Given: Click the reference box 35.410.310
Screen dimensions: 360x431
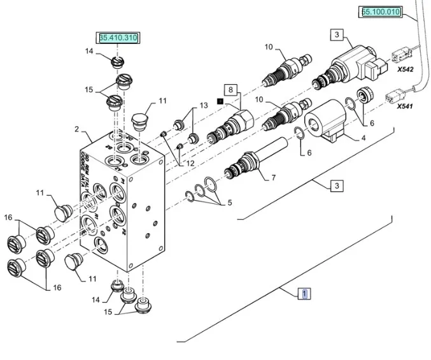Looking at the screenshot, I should [x=118, y=39].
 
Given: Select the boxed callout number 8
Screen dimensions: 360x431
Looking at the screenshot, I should [x=230, y=90].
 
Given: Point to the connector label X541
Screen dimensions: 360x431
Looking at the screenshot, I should [x=405, y=106].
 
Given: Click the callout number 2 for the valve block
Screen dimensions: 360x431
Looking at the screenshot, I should [x=77, y=130].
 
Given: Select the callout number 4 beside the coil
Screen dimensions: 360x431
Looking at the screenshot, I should [x=364, y=138].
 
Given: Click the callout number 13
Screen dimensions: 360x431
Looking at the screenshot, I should [x=204, y=106].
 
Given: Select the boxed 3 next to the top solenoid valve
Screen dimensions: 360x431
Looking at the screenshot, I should [x=337, y=35].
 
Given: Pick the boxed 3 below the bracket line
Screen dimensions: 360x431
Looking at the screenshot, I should [x=337, y=186].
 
